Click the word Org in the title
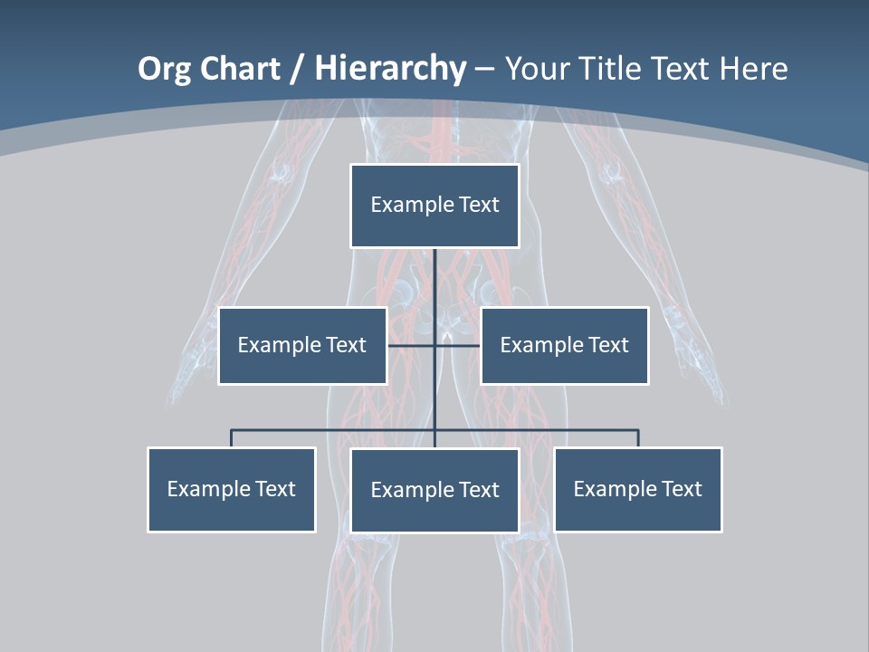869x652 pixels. pyautogui.click(x=164, y=69)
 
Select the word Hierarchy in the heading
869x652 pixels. pyautogui.click(x=390, y=69)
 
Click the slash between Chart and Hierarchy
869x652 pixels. pyautogui.click(x=298, y=70)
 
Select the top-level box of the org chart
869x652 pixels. pyautogui.click(x=434, y=206)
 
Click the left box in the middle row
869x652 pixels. pyautogui.click(x=302, y=346)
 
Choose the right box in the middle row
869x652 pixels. pyautogui.click(x=564, y=346)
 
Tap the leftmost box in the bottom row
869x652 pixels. pyautogui.click(x=231, y=490)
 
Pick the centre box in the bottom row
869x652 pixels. pyautogui.click(x=434, y=491)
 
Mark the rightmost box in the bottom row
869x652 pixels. pyautogui.click(x=637, y=490)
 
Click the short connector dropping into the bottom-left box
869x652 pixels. pyautogui.click(x=231, y=438)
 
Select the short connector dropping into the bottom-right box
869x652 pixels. pyautogui.click(x=638, y=438)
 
